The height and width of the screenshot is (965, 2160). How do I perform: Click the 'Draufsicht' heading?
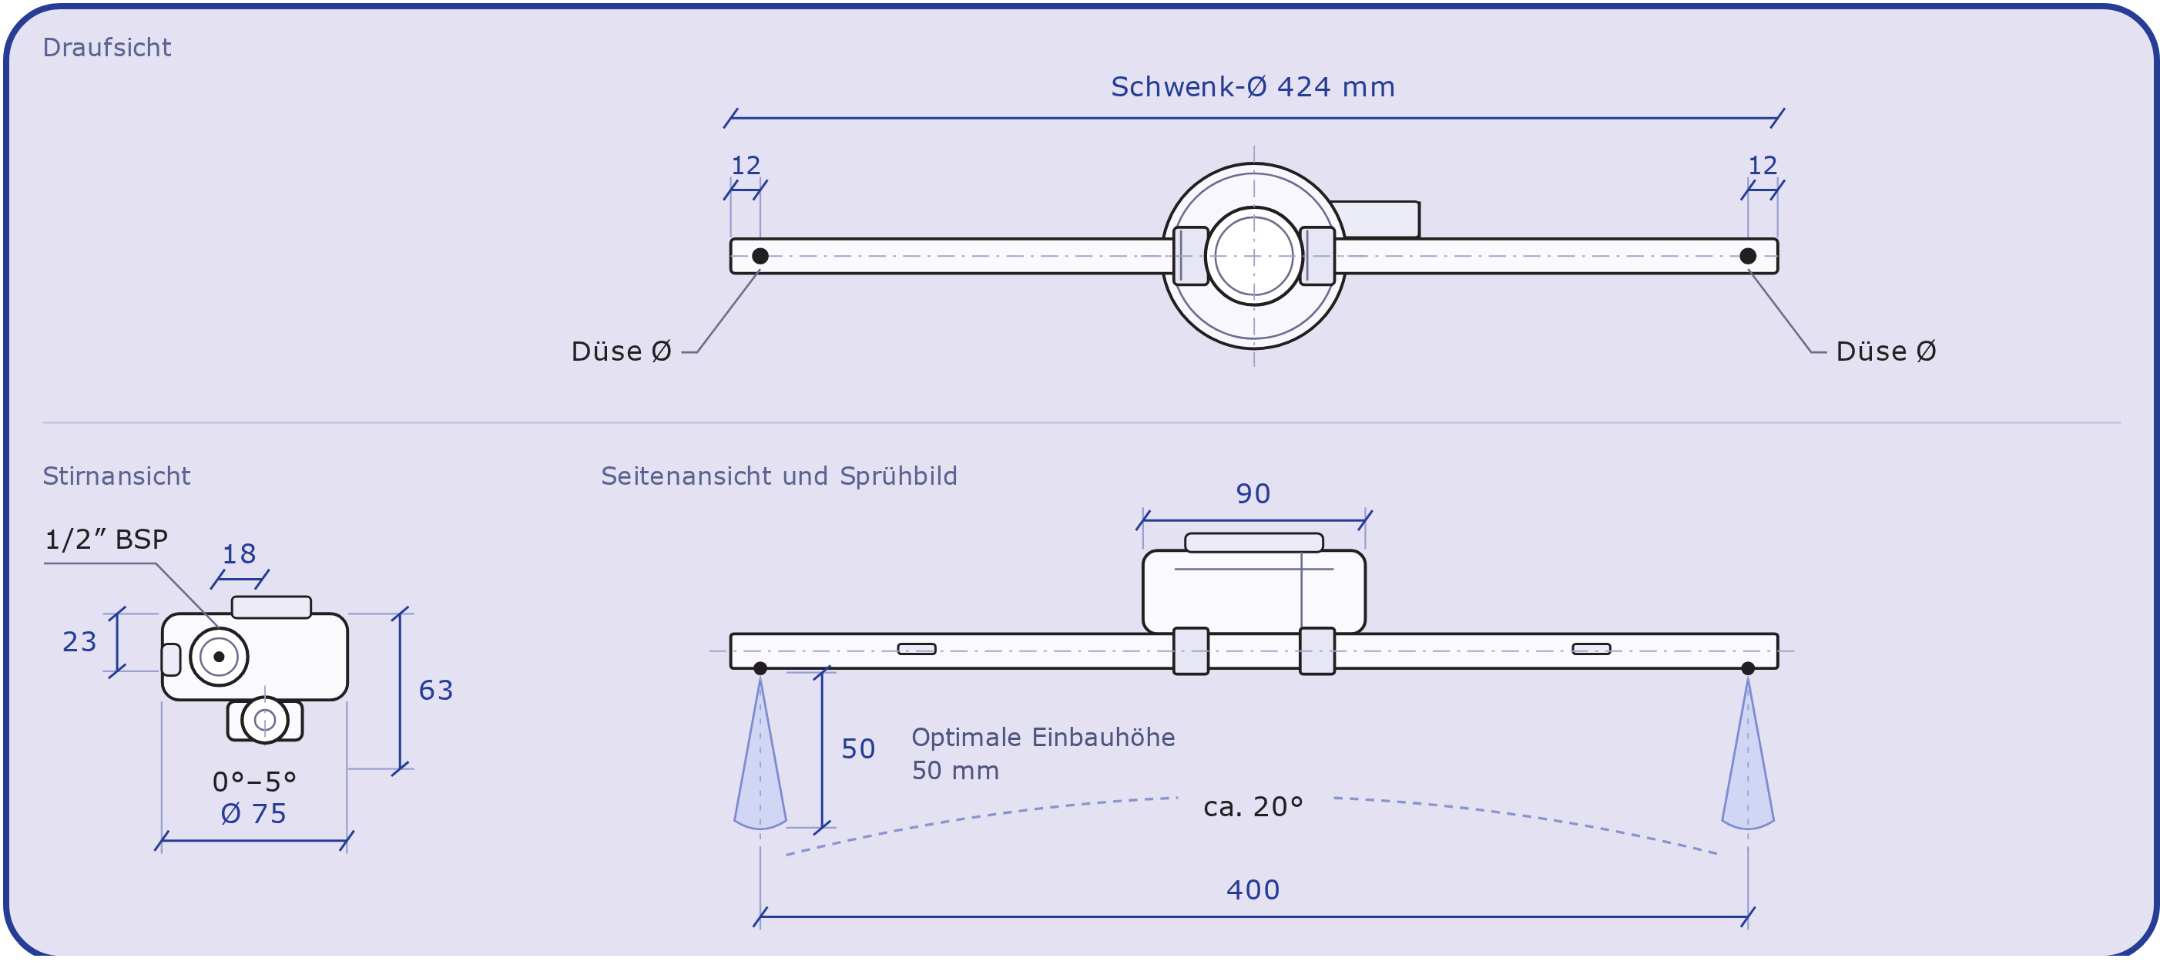(106, 48)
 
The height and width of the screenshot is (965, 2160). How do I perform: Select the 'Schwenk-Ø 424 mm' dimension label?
(1253, 87)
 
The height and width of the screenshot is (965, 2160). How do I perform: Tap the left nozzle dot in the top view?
(760, 256)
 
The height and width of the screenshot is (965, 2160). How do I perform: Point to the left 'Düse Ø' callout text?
(622, 351)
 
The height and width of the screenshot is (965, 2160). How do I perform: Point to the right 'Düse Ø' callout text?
(1886, 351)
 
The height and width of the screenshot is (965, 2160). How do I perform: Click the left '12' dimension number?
(746, 165)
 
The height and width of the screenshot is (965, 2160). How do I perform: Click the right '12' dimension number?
(1763, 165)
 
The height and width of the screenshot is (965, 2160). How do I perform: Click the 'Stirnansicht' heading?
(116, 476)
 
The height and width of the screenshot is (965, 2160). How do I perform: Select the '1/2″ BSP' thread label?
(106, 540)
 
